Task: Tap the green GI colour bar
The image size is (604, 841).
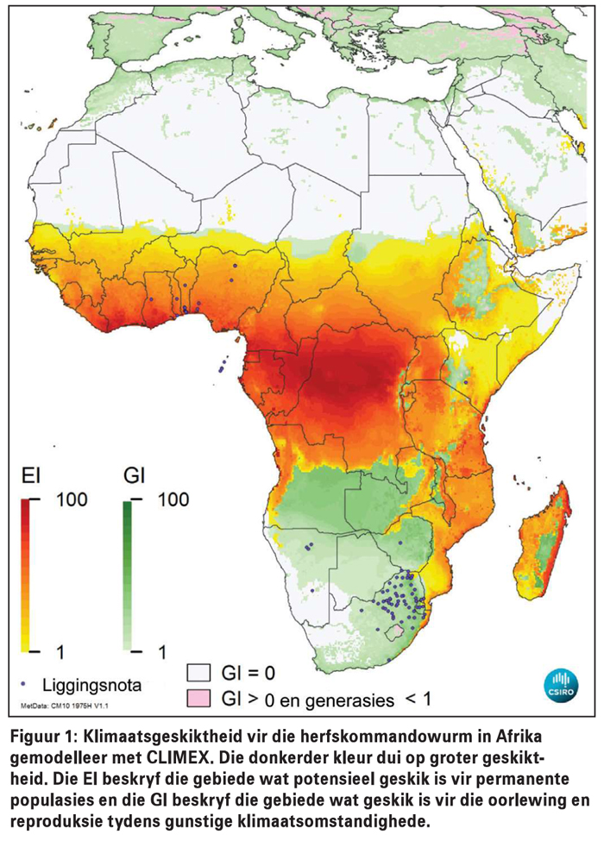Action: [x=129, y=574]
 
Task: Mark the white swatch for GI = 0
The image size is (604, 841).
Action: [x=200, y=671]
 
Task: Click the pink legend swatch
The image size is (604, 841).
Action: [x=200, y=695]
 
